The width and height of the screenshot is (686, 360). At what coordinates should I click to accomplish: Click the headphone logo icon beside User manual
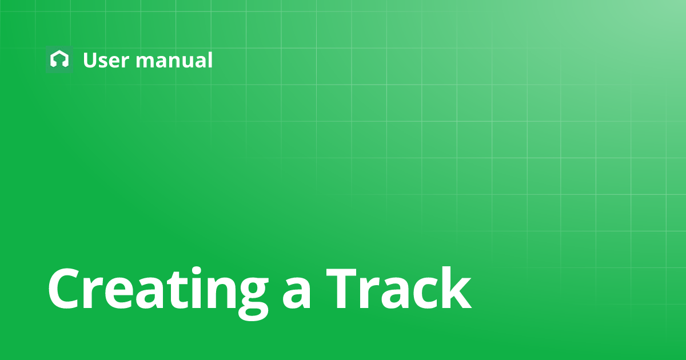[x=59, y=59]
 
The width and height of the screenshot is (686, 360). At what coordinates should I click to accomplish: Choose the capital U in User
[x=90, y=60]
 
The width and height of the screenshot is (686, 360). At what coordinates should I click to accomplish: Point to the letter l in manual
[x=209, y=59]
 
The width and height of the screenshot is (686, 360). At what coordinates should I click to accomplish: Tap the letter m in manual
[x=145, y=62]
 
